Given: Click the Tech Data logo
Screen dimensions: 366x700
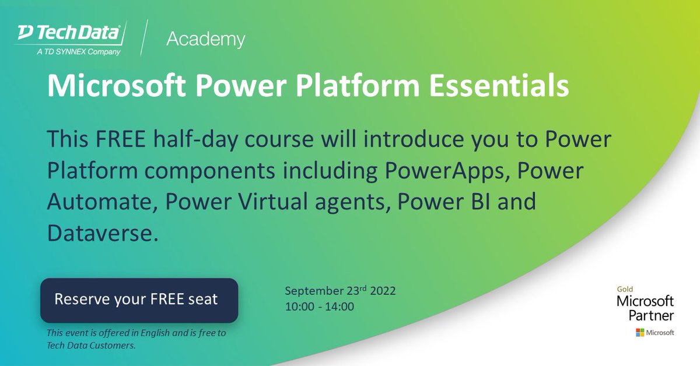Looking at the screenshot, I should tap(69, 34).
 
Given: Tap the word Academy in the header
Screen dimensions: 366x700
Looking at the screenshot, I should tap(205, 40).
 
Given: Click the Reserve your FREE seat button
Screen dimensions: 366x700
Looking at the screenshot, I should tap(139, 300).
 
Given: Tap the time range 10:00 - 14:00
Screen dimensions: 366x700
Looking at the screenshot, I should tap(319, 306).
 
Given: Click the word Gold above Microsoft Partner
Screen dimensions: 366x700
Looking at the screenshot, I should tap(625, 289).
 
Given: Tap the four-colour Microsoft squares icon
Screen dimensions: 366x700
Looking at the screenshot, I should tap(640, 332).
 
